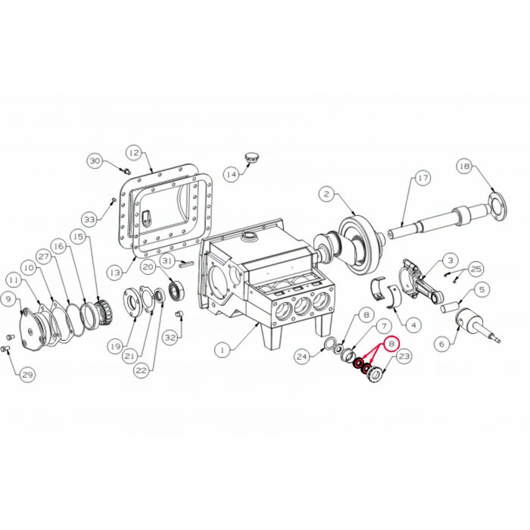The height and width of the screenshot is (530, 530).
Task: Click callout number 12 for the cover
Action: click(133, 152)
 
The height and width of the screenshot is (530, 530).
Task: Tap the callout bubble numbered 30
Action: click(95, 161)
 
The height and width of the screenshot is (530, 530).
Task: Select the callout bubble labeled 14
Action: click(231, 175)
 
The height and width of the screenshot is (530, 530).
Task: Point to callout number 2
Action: click(326, 194)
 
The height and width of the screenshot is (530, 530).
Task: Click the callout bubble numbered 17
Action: click(422, 178)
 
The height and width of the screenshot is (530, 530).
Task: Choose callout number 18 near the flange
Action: click(464, 166)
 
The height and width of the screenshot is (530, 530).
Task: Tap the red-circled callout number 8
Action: click(391, 343)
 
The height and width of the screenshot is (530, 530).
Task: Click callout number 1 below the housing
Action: click(222, 350)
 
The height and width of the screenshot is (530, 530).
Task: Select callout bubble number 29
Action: click(27, 375)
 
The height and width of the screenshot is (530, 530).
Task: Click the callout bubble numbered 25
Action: click(475, 269)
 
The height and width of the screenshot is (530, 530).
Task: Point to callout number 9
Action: click(9, 299)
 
